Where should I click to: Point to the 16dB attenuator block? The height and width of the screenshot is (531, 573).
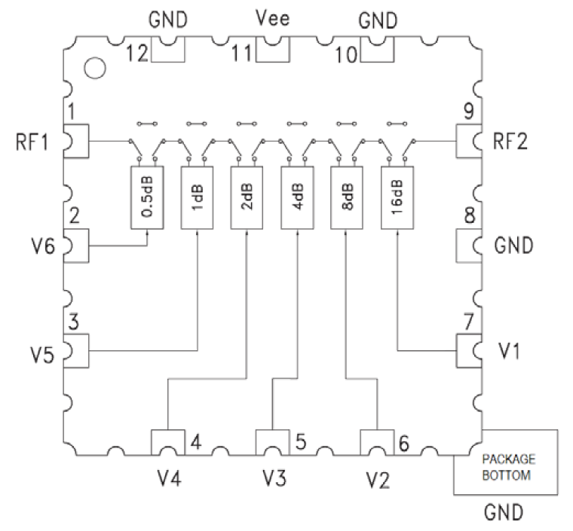[x=397, y=197]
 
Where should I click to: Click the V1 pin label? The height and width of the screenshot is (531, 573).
[x=510, y=350]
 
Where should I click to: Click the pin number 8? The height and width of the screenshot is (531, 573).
[x=468, y=217]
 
